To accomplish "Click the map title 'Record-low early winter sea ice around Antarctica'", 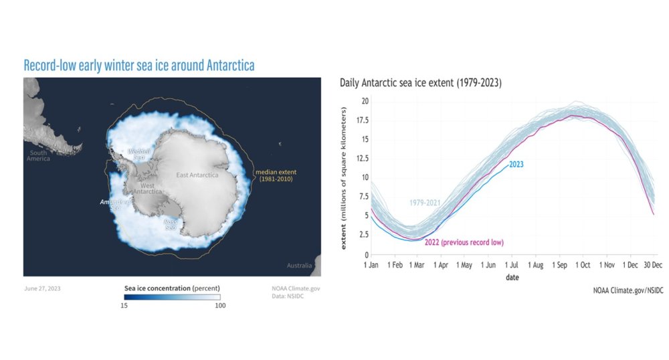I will tap(139, 66).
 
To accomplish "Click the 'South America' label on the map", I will tap(37, 156).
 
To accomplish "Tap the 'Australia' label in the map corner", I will tap(299, 266).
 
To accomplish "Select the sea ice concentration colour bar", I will tap(172, 297).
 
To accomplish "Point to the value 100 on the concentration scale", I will tap(220, 306).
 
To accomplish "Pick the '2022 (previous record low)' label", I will tap(464, 242).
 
